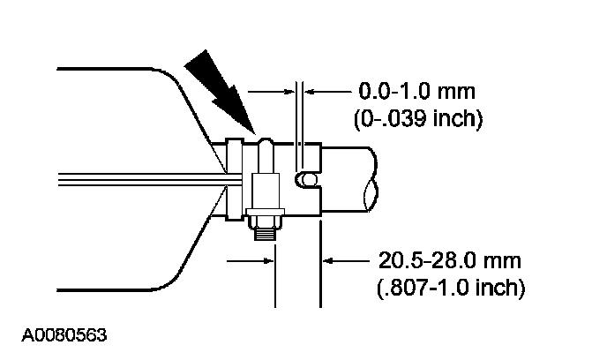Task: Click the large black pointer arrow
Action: (x=220, y=92)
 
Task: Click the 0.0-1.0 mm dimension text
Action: (x=417, y=92)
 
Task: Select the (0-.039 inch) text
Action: (x=418, y=118)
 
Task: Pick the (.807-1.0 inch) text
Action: (x=451, y=288)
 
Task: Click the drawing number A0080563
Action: (x=64, y=334)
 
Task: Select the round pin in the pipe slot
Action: (x=308, y=180)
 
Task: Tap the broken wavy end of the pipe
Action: (x=371, y=179)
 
